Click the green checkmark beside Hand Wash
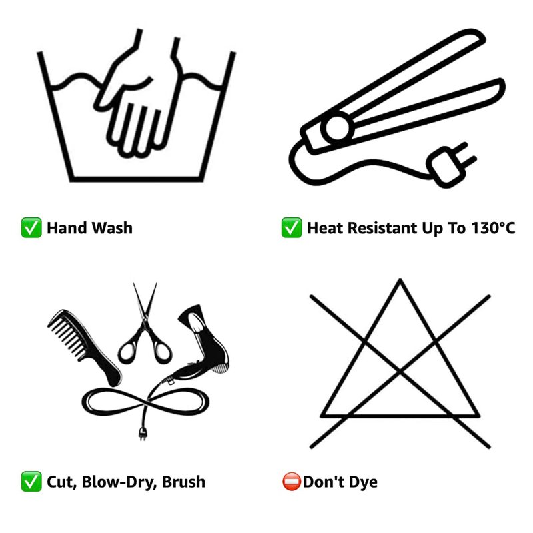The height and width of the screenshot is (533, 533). tap(31, 227)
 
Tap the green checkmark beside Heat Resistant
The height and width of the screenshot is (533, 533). tap(292, 227)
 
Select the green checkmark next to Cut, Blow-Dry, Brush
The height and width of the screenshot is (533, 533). tap(31, 481)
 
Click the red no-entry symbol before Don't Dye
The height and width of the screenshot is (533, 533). tap(292, 481)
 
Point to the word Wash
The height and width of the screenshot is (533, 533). tap(112, 228)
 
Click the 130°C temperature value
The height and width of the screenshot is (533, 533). tap(493, 228)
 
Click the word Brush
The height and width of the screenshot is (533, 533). tap(184, 482)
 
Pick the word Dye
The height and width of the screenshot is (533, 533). tap(363, 482)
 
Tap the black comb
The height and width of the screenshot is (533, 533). tap(85, 348)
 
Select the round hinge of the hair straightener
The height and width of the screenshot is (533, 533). tap(337, 128)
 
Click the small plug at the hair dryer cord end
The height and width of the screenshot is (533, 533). tap(143, 434)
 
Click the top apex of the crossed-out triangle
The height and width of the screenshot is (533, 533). tap(400, 280)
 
